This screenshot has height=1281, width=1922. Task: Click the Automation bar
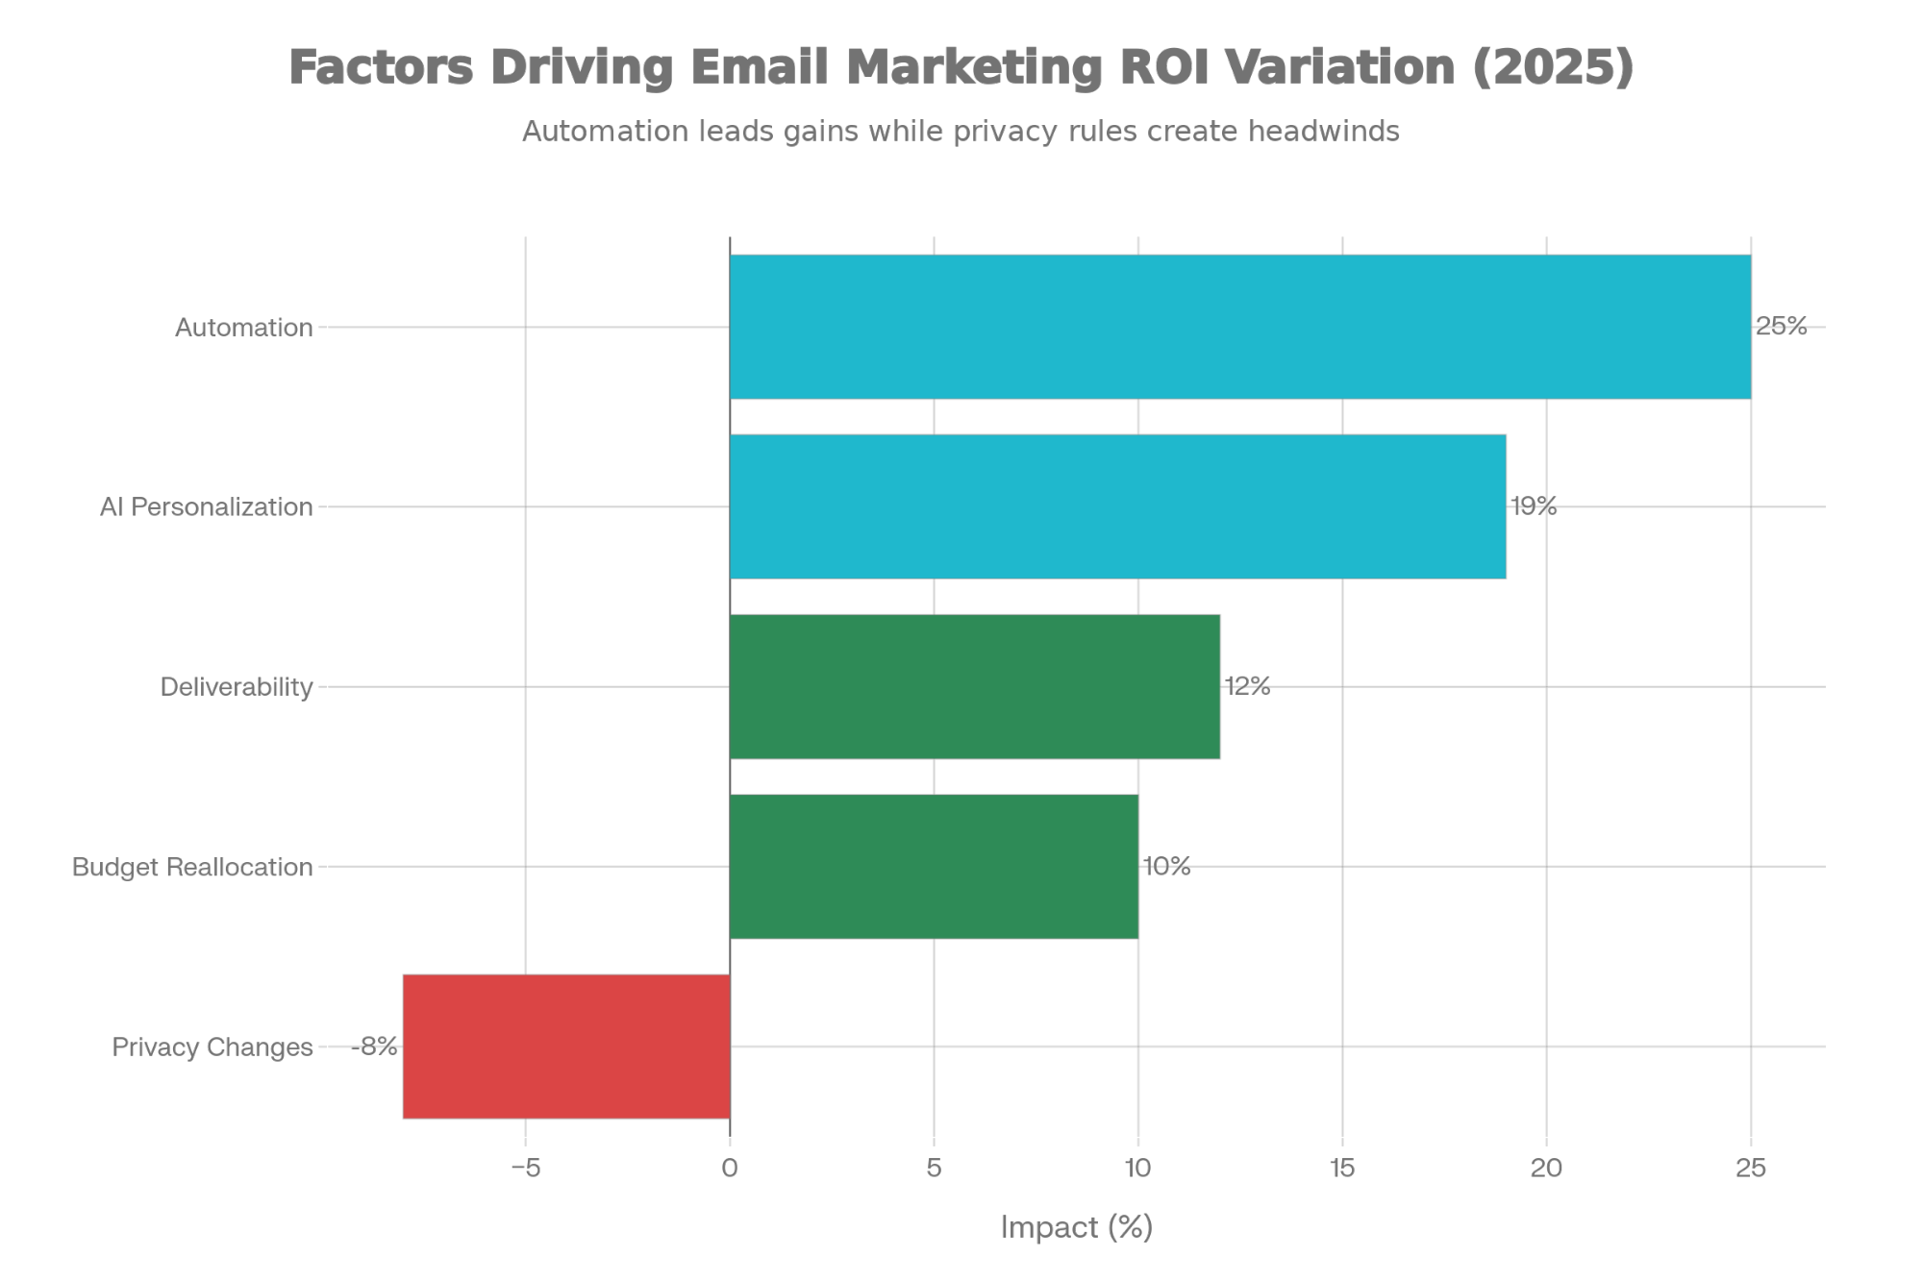[x=1240, y=327]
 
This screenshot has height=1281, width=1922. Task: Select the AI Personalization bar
[x=1117, y=506]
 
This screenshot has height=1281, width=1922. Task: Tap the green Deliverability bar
[x=975, y=686]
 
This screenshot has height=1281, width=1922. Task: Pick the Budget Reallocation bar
[x=934, y=866]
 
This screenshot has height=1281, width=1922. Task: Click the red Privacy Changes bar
[x=566, y=1046]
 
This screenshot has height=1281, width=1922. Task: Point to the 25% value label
[x=1781, y=327]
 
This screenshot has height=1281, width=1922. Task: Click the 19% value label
[x=1534, y=506]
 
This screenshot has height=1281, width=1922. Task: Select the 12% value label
[x=1247, y=686]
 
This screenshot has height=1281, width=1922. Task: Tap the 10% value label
[x=1166, y=866]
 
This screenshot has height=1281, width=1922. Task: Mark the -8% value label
[x=374, y=1046]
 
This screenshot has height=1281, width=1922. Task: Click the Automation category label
[x=244, y=328]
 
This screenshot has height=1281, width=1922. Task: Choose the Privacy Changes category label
[x=212, y=1047]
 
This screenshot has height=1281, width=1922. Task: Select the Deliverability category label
[x=237, y=687]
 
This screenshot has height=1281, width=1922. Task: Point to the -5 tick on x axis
[x=525, y=1169]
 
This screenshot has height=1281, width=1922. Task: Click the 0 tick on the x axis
[x=730, y=1169]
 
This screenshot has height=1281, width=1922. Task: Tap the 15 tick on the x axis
[x=1342, y=1169]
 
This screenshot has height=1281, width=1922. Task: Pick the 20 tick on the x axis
[x=1546, y=1169]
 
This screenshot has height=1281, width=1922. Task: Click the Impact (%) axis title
[x=1076, y=1227]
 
